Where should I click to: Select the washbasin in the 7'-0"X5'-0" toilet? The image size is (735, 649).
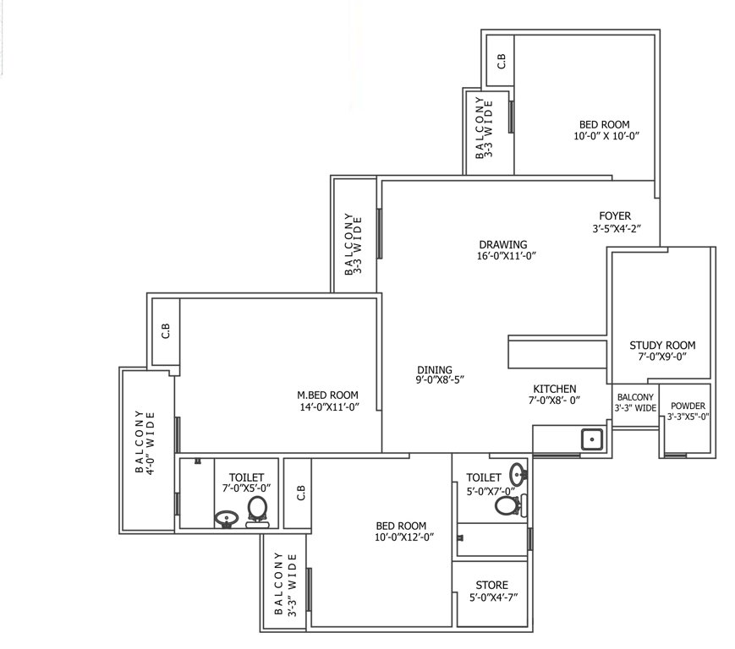pyautogui.click(x=226, y=518)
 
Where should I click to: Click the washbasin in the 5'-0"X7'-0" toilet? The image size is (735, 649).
pyautogui.click(x=518, y=472)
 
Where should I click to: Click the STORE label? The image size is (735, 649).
pyautogui.click(x=491, y=584)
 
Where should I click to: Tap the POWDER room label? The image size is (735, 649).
pyautogui.click(x=688, y=405)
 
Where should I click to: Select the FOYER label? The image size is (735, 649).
pyautogui.click(x=615, y=216)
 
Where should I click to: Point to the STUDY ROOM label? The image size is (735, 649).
pyautogui.click(x=662, y=345)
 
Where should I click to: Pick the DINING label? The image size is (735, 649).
pyautogui.click(x=435, y=369)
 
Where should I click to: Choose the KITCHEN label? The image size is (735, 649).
pyautogui.click(x=554, y=389)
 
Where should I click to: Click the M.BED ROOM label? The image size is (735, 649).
pyautogui.click(x=327, y=395)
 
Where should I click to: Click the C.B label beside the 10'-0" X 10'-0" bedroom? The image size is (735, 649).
pyautogui.click(x=501, y=61)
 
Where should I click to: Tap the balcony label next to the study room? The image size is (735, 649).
pyautogui.click(x=635, y=402)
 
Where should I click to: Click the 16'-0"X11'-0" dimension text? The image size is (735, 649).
pyautogui.click(x=507, y=255)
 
